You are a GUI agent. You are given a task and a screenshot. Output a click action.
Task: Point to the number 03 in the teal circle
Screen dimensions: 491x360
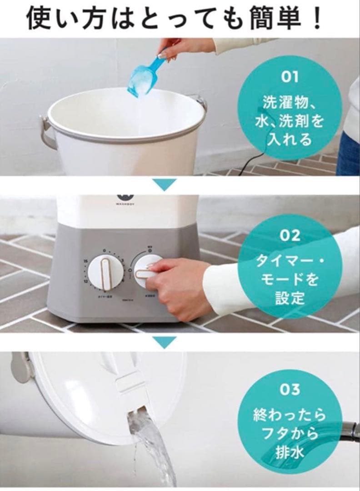(290, 390)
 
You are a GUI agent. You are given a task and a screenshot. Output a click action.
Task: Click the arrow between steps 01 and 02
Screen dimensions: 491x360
(164, 184)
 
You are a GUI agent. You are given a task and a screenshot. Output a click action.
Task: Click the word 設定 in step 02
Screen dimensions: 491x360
(290, 298)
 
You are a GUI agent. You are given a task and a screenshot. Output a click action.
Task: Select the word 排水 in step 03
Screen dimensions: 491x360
(290, 452)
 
